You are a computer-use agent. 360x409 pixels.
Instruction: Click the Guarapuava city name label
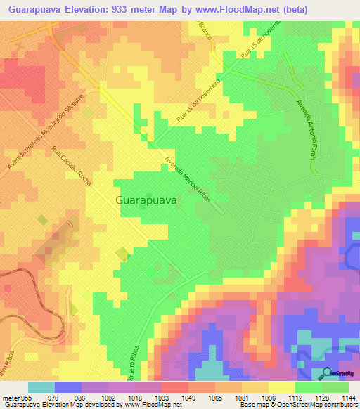(x=146, y=200)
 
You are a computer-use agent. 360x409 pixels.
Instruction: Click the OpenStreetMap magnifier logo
(x=327, y=373)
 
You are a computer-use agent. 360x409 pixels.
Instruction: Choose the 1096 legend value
(x=268, y=396)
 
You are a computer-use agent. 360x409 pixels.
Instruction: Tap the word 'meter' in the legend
(x=10, y=396)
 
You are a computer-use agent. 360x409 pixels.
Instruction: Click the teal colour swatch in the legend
(x=41, y=387)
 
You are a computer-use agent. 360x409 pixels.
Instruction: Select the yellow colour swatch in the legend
(x=281, y=387)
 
